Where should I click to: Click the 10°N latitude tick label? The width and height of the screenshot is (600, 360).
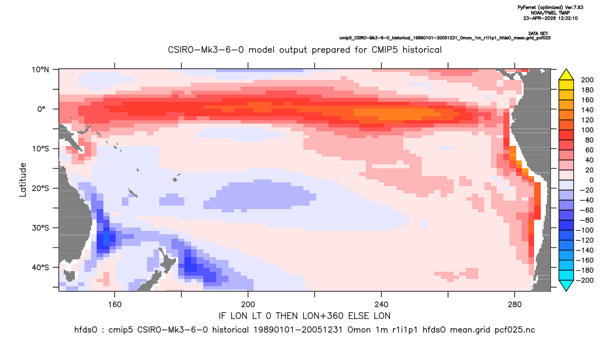click(40, 70)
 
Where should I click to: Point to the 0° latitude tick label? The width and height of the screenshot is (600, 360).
click(41, 109)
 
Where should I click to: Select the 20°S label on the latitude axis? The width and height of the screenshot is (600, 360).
click(40, 188)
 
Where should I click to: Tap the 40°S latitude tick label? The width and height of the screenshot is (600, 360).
click(40, 267)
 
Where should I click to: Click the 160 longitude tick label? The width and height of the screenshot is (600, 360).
click(115, 305)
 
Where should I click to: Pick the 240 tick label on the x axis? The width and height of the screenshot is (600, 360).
click(381, 305)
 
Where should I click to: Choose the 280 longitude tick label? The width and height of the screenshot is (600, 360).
click(515, 305)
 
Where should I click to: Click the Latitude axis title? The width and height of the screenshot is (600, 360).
click(23, 180)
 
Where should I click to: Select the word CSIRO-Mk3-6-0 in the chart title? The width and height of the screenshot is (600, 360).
click(206, 50)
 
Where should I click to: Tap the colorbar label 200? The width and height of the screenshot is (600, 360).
click(587, 80)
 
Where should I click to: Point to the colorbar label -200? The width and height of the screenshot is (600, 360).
click(585, 280)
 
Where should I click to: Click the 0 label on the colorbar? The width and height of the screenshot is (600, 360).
click(583, 180)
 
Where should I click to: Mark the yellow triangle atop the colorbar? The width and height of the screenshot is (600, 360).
click(566, 75)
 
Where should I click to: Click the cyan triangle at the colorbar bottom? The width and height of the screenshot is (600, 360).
click(566, 285)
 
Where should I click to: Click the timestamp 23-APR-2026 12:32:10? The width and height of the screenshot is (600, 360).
click(551, 18)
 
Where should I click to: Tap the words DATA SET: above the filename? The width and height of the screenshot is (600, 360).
click(539, 34)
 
